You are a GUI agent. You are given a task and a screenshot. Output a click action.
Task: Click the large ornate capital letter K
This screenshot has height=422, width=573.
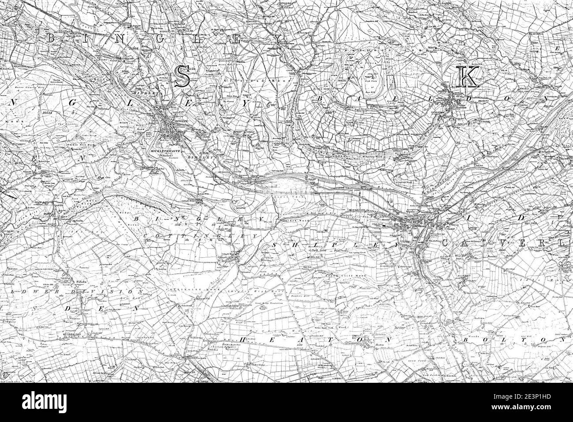pos(466,77)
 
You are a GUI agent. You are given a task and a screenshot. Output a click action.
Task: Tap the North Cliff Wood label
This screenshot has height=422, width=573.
pos(342,276)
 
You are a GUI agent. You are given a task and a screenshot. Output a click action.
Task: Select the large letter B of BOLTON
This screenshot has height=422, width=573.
pos(467,341)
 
